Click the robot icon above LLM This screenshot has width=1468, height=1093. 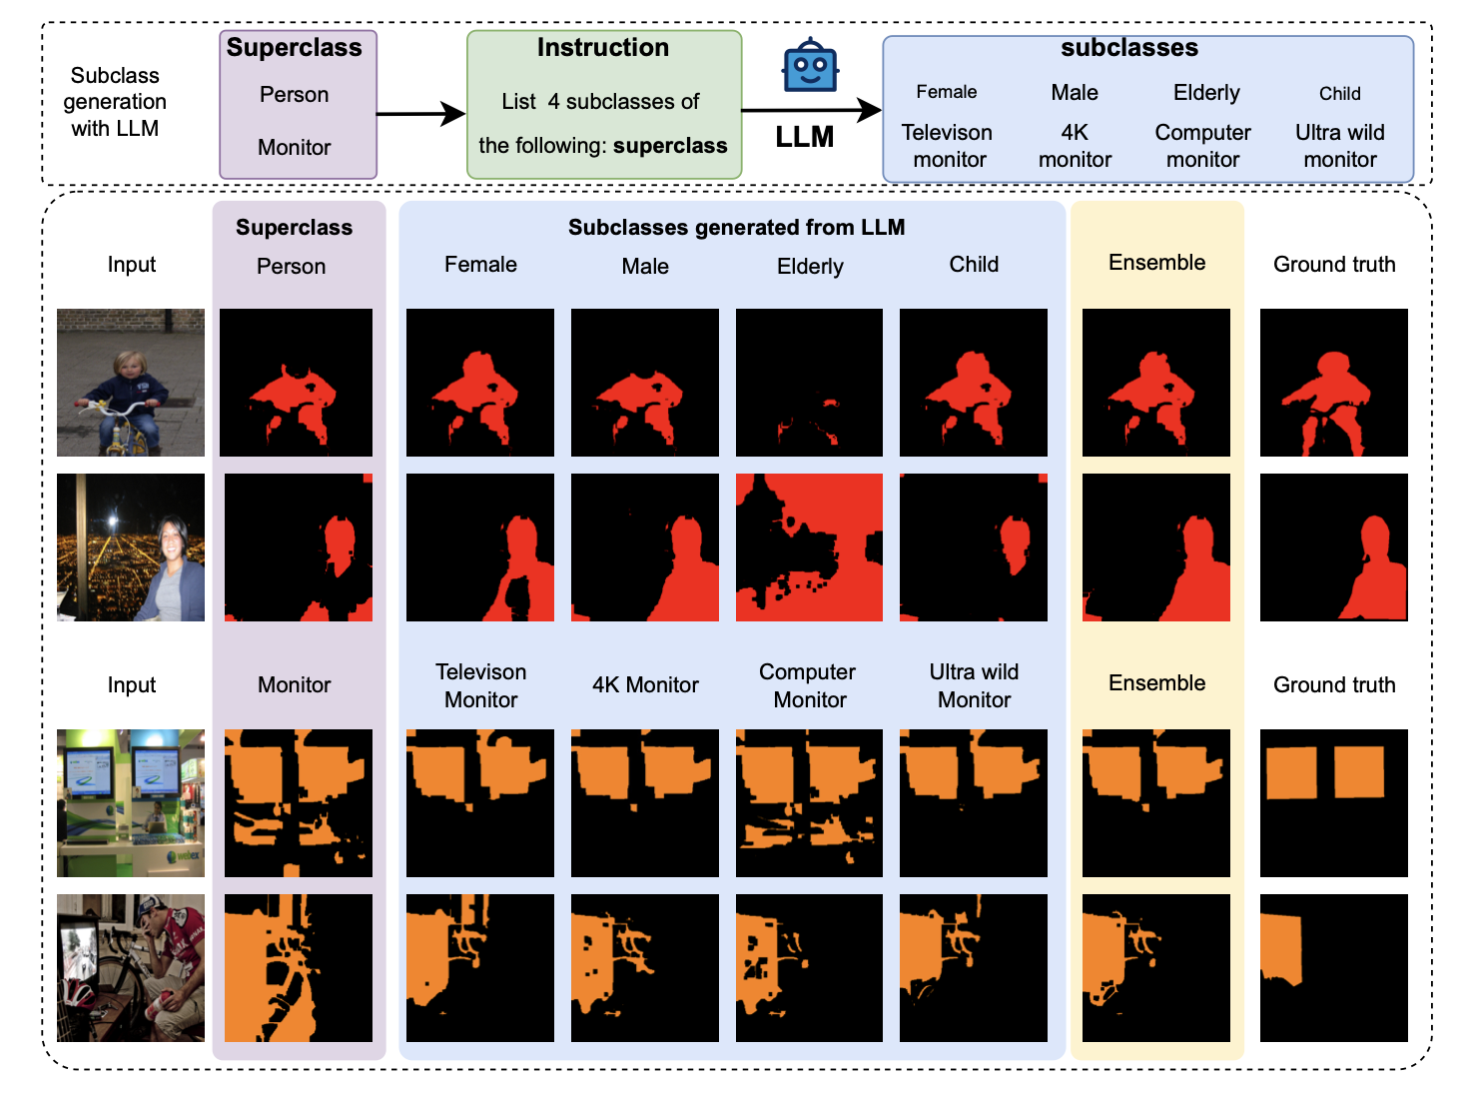[809, 67]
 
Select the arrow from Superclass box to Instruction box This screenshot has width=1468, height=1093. [420, 114]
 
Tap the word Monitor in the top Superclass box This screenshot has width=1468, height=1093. [294, 148]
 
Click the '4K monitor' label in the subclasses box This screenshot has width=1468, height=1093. [1075, 146]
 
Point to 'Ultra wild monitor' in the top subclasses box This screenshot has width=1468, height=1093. [1339, 146]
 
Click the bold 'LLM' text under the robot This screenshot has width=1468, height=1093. [804, 137]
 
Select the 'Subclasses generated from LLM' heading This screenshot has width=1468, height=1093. [736, 228]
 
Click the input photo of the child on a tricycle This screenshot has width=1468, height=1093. [131, 383]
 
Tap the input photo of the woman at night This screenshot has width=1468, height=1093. [131, 547]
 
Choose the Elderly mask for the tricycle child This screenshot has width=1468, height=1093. [809, 383]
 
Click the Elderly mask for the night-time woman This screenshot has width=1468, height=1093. [809, 547]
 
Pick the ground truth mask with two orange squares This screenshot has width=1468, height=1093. [1333, 803]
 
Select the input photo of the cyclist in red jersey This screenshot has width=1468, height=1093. [131, 968]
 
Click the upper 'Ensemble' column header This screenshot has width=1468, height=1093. [1156, 263]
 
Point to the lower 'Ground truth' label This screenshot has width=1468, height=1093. [1333, 685]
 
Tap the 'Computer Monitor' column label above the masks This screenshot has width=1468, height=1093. [809, 685]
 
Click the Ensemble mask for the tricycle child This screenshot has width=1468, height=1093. [1155, 383]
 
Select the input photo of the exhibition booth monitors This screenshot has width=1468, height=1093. [131, 803]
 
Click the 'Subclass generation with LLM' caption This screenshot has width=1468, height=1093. [115, 102]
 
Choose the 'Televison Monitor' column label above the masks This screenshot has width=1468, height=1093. [480, 685]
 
